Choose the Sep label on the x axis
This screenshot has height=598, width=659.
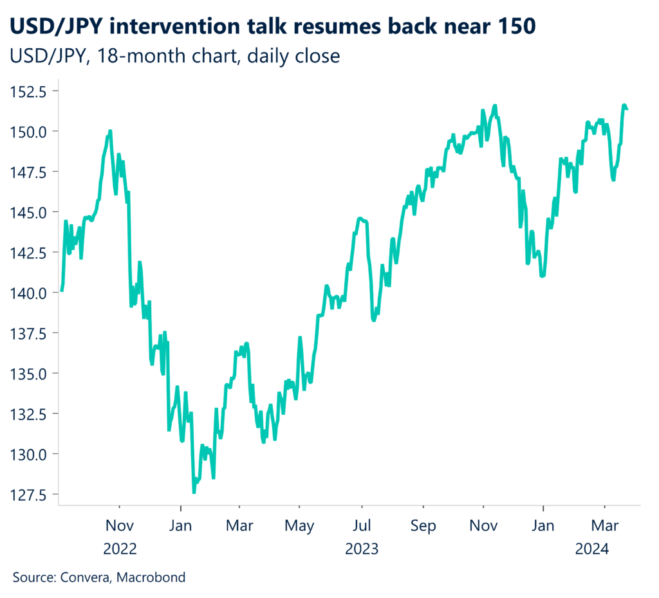point(423,525)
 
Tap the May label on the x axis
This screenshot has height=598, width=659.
point(299,525)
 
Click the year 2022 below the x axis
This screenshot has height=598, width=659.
point(120,550)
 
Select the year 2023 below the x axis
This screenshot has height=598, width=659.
point(362,550)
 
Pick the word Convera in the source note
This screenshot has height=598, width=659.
point(86,577)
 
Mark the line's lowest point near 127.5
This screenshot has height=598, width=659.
point(194,492)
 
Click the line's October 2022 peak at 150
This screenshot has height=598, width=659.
point(110,131)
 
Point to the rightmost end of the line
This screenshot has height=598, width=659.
point(627,108)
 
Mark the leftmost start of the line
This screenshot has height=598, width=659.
point(61,291)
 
